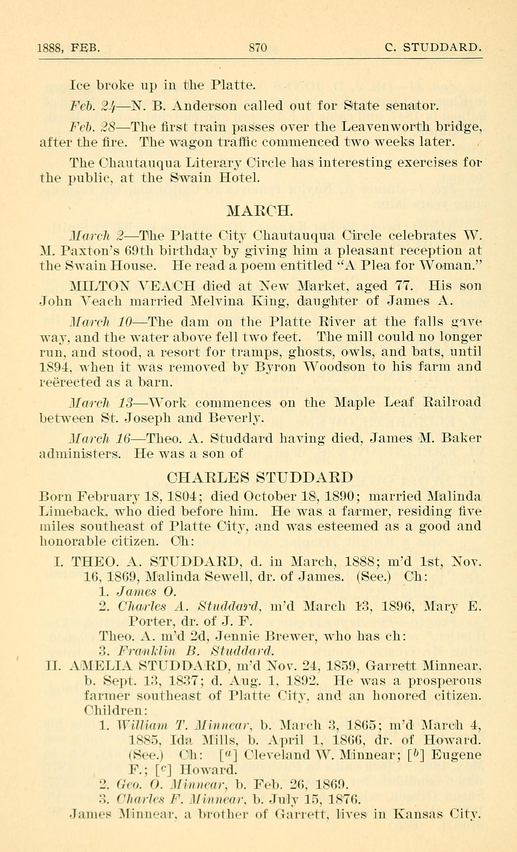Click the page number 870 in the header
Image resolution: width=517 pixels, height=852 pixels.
point(258,47)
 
